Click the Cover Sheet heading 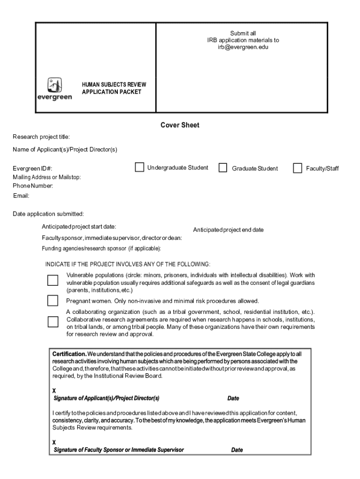click(180, 125)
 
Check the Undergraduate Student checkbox click(139, 167)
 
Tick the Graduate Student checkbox click(223, 168)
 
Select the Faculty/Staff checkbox click(297, 168)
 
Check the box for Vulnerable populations click(53, 281)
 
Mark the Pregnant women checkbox click(53, 300)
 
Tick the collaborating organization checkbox click(53, 322)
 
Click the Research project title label click(41, 137)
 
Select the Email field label click(21, 196)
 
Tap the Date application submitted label click(48, 214)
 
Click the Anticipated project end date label click(228, 230)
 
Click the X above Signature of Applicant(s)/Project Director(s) click(54, 390)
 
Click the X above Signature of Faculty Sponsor click(54, 442)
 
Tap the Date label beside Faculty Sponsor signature click(237, 450)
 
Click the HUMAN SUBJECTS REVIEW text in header click(114, 85)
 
